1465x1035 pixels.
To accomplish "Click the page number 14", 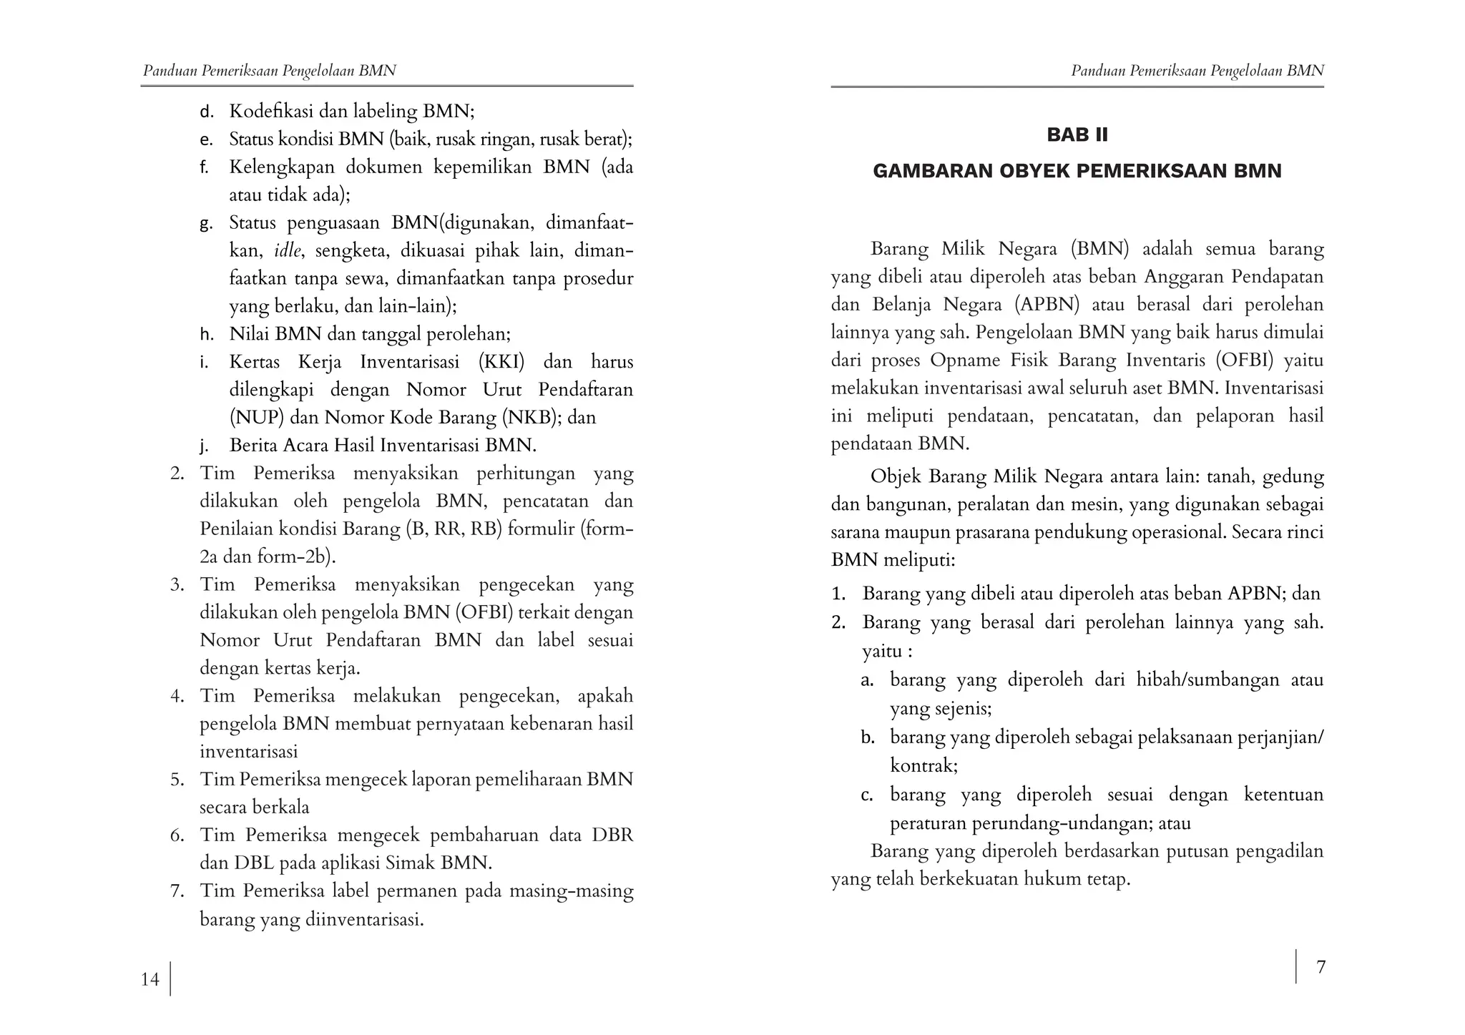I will coord(150,979).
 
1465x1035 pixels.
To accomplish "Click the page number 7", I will coord(1321,967).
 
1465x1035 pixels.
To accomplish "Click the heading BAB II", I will coord(1077,135).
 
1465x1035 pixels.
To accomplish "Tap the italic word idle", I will coord(288,251).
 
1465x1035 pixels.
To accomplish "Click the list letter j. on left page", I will coord(204,446).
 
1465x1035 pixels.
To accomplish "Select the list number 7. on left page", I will coord(177,891).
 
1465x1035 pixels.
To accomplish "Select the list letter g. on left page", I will coord(206,224).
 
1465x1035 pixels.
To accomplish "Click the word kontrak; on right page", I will coord(923,766).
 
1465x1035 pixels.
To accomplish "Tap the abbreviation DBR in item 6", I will coord(612,835).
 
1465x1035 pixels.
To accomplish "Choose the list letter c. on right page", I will coord(867,795).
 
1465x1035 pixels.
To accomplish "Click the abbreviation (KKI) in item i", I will coord(501,362).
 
